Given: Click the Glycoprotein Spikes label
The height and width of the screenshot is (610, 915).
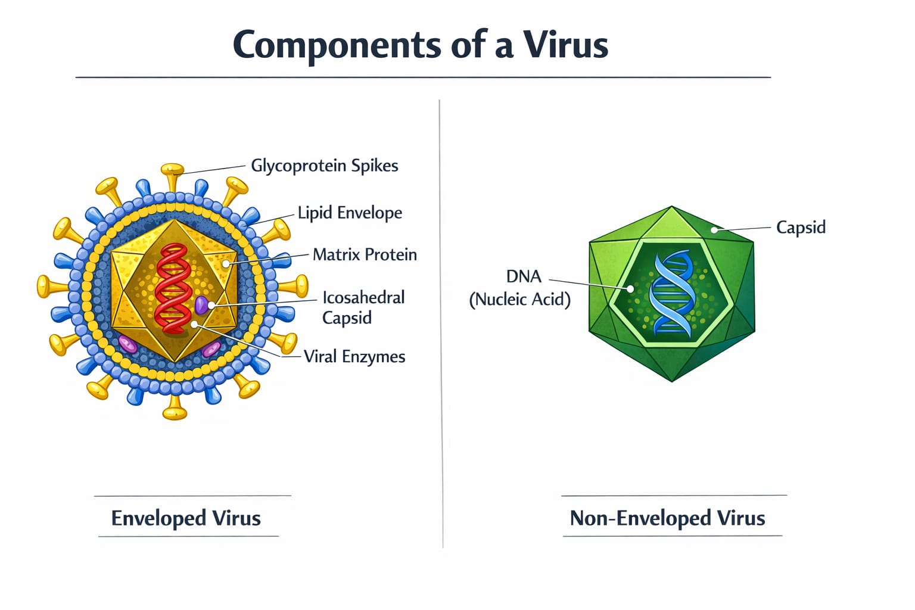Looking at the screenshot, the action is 324,166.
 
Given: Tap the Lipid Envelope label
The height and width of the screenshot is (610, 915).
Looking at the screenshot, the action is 350,213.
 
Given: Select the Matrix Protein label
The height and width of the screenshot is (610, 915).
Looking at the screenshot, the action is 365,254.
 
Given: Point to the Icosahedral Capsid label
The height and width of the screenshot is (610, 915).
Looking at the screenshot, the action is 363,307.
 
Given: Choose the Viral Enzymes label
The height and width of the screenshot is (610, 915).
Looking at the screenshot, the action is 354,357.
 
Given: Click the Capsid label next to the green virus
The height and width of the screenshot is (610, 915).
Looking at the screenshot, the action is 801,228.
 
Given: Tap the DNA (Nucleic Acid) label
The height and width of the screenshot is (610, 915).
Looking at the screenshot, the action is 519,288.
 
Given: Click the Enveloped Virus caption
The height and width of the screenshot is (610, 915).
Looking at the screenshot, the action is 186,518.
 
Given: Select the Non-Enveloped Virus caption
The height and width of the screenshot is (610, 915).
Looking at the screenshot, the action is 667,518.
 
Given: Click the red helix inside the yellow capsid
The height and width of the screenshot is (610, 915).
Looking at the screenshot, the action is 173,288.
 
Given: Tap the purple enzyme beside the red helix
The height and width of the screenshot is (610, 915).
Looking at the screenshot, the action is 201,305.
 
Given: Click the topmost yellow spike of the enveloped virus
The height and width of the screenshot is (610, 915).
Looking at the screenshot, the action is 172,178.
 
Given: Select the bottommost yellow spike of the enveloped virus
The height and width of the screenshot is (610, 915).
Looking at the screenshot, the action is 175,407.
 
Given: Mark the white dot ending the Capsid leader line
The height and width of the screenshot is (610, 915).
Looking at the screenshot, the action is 714,230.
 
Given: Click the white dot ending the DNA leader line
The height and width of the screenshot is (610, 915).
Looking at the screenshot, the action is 630,290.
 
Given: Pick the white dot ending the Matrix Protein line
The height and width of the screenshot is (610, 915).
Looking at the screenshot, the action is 226,264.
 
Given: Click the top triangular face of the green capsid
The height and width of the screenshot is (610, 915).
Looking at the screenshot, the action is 671,225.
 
